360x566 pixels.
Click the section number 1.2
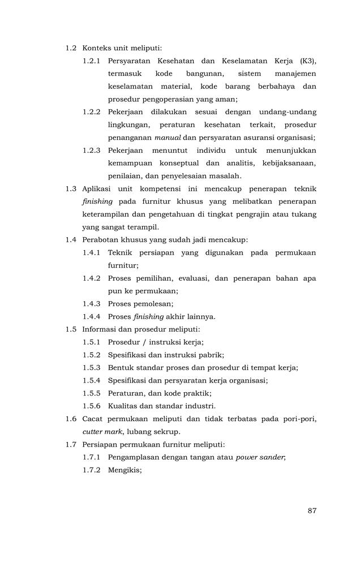pyautogui.click(x=71, y=49)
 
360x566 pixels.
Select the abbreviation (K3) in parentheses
pyautogui.click(x=305, y=61)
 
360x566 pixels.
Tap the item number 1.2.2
pyautogui.click(x=92, y=112)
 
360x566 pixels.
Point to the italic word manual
pyautogui.click(x=168, y=138)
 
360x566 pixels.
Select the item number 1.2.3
pyautogui.click(x=92, y=151)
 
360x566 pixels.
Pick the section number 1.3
pyautogui.click(x=71, y=188)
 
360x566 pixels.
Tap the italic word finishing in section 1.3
pyautogui.click(x=97, y=201)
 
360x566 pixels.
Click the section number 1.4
pyautogui.click(x=71, y=239)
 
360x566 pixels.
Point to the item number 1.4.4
pyautogui.click(x=92, y=316)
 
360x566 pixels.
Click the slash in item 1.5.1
pyautogui.click(x=144, y=342)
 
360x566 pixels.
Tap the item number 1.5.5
pyautogui.click(x=92, y=393)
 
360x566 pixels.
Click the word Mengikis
pyautogui.click(x=125, y=470)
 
